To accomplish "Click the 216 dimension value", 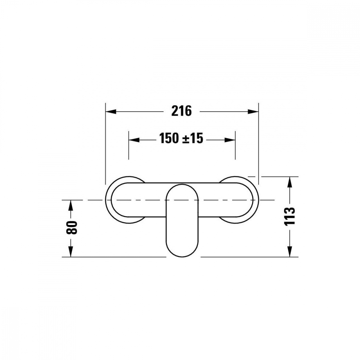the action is (x=181, y=111).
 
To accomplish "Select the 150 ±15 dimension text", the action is (x=181, y=139).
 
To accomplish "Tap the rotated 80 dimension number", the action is (x=72, y=228).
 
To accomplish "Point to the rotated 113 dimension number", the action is (x=289, y=216).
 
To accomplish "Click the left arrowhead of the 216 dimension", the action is (x=111, y=112).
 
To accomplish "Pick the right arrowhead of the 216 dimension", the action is (x=253, y=112).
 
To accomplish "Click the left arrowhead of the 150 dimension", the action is (x=134, y=140).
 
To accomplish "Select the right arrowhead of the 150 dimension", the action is (x=230, y=140).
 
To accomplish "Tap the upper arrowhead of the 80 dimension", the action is (x=71, y=205).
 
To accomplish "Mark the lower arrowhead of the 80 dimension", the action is (x=71, y=252).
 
